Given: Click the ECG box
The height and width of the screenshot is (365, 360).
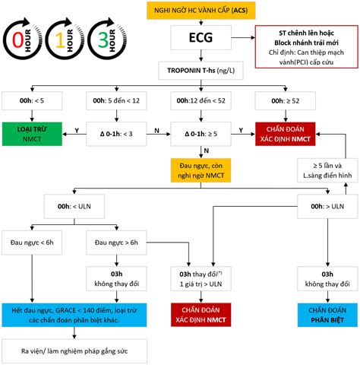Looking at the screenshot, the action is pos(201,37).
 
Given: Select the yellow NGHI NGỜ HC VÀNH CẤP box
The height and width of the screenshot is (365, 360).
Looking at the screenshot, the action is pos(201,11).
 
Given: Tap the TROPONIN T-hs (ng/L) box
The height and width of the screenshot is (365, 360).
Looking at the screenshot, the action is pos(201,71).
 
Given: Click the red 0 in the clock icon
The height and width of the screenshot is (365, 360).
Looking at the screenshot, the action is pos(18,40).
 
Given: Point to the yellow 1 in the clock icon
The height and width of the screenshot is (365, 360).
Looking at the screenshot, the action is pos(60,40).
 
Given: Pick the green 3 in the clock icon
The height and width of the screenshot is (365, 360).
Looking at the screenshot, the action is pos(103,40).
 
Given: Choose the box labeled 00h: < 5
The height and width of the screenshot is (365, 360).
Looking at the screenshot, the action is pos(32,101).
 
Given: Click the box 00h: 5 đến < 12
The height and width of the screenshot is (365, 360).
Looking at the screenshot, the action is pos(116,101).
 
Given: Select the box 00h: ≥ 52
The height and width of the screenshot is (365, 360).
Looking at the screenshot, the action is pos(286,101).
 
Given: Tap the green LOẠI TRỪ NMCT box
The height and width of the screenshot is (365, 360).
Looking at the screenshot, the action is pos(32,134).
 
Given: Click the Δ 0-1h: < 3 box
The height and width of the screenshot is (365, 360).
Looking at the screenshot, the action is pos(116,134).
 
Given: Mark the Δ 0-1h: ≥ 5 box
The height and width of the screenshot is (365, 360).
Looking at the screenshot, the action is pos(201,134).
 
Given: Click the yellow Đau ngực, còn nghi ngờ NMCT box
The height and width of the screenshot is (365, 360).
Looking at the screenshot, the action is pos(201,170).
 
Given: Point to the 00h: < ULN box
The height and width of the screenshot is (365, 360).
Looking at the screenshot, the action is pos(74,206).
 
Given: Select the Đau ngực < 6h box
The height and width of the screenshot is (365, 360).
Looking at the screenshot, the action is pos(32,243).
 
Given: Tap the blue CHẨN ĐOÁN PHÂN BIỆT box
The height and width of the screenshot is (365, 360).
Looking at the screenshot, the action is pos(327,315).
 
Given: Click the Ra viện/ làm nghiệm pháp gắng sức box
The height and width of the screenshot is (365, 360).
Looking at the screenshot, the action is pos(74,351).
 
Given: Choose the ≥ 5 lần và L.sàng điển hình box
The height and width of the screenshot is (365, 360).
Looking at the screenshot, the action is pos(327,170).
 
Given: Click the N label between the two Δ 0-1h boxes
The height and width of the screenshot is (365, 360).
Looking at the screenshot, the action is pos(157,130).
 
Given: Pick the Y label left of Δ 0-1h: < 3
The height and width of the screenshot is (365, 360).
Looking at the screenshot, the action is pos(77,130).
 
